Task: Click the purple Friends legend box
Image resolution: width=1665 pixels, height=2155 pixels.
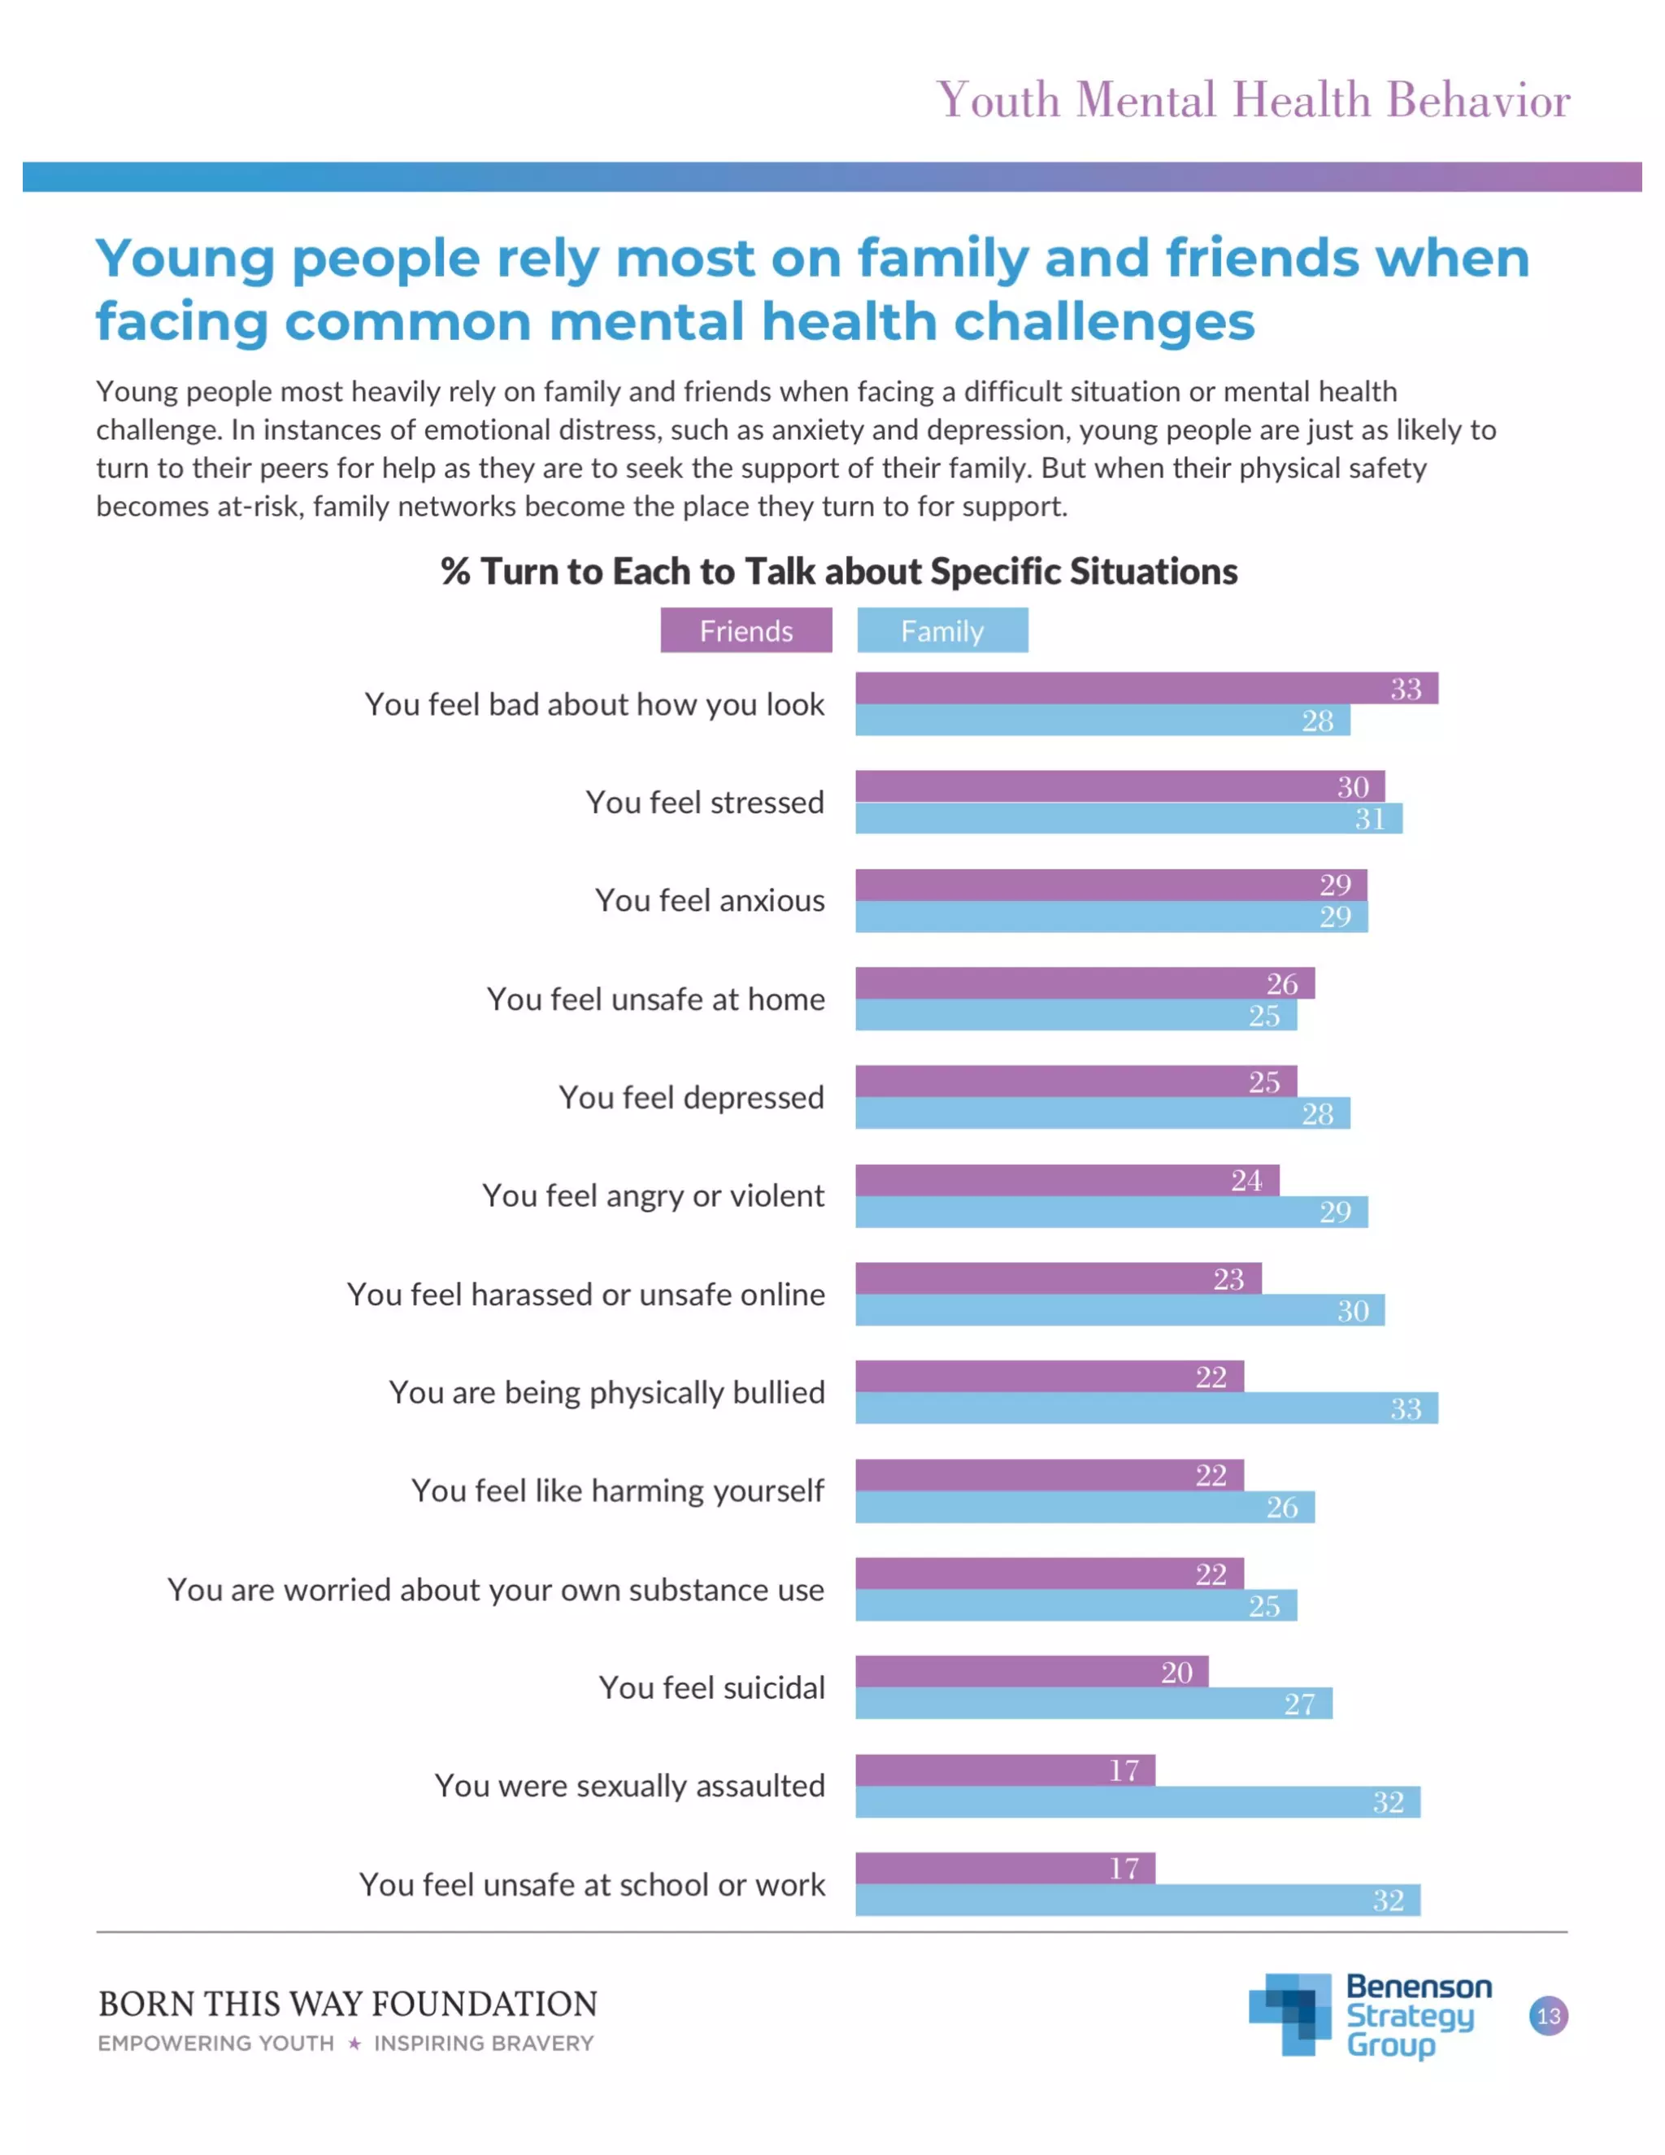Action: coord(746,630)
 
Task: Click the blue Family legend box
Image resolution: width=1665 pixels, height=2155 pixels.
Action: coord(942,630)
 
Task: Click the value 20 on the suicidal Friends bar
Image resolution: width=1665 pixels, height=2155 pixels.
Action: coord(1176,1673)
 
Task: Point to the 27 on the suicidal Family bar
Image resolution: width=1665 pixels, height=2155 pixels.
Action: coord(1299,1704)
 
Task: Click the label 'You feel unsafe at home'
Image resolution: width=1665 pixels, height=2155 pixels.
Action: coord(655,999)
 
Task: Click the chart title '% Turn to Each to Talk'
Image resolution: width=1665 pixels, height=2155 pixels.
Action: coord(838,572)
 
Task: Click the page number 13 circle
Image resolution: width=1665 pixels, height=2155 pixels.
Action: coord(1548,2016)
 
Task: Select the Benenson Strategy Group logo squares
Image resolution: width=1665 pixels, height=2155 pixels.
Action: coord(1291,2013)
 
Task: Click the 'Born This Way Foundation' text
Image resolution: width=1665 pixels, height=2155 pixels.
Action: coord(347,2004)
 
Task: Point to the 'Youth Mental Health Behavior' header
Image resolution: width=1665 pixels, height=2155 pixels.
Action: coord(1253,100)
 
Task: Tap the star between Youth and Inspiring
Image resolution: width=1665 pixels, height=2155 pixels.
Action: coord(354,2044)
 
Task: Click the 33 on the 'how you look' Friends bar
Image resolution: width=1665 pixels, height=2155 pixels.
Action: coord(1406,689)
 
